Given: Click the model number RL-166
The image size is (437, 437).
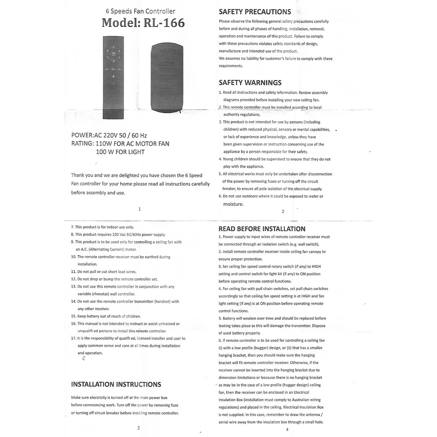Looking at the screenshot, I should (164, 23).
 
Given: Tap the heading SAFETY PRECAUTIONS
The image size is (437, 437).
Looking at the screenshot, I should (255, 12).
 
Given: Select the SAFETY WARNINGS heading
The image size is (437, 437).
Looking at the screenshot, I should (250, 82).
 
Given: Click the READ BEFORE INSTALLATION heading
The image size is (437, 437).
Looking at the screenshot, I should (262, 229).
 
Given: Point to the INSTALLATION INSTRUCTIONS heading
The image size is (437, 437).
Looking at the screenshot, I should (116, 385).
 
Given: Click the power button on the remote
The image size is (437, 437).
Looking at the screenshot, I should (113, 55).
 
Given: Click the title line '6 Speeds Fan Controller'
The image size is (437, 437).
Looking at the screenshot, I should (140, 12).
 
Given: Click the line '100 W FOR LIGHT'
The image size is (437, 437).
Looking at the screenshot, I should (120, 152).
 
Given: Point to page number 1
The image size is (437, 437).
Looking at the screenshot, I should (140, 209).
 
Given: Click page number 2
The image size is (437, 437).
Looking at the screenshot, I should (283, 211).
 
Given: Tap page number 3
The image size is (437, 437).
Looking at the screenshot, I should (138, 428).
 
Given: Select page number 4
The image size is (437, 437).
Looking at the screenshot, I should (287, 429).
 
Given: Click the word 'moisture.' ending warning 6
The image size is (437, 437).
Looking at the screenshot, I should (233, 204).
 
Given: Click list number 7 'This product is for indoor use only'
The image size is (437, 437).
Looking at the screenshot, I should (102, 227).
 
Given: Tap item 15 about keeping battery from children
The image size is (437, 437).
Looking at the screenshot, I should (106, 316).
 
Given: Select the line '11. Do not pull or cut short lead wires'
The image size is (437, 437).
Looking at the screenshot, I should (104, 271).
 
